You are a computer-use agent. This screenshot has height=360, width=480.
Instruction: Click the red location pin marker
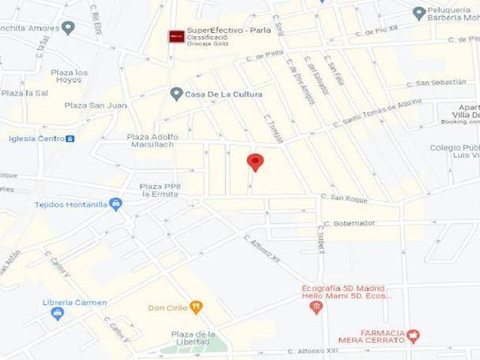click(x=256, y=161)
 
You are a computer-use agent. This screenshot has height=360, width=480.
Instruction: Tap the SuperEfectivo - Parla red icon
click(x=176, y=35)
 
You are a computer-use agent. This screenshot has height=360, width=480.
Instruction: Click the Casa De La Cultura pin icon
click(x=176, y=94)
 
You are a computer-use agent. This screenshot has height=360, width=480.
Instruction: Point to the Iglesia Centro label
click(x=36, y=139)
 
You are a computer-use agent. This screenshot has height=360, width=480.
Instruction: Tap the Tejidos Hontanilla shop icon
click(x=115, y=204)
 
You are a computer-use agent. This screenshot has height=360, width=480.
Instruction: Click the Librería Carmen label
click(x=74, y=303)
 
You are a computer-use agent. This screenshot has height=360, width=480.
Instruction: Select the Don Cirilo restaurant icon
click(x=196, y=307)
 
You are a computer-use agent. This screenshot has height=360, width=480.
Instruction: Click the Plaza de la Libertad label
click(x=193, y=337)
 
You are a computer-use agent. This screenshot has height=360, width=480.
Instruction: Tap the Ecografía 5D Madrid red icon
click(x=316, y=307)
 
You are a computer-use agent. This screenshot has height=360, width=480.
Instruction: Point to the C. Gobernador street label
click(x=349, y=223)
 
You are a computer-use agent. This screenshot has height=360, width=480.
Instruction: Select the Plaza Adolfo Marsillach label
click(x=153, y=141)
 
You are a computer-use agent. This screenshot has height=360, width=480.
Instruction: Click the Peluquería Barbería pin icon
click(x=419, y=12)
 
